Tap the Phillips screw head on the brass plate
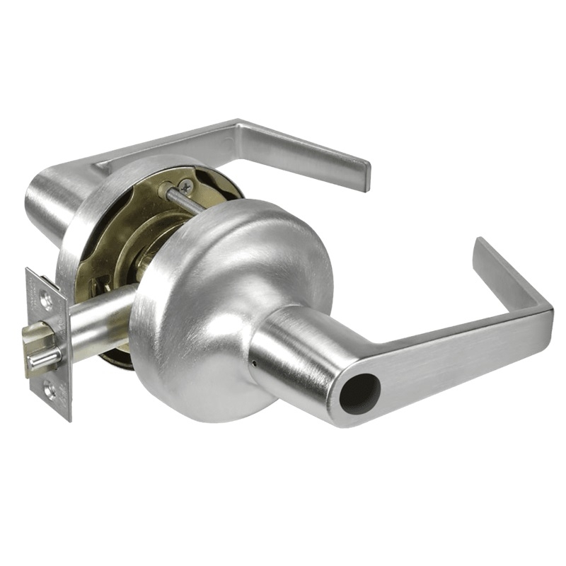coord(185,187)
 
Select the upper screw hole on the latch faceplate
coord(46,299)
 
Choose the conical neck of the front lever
coord(297,354)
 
